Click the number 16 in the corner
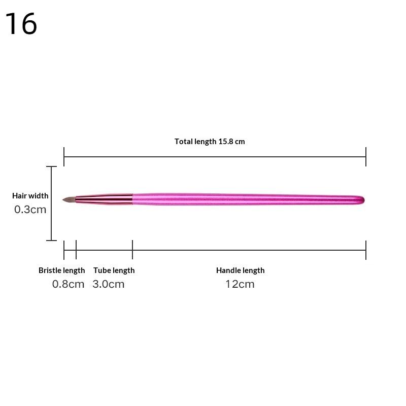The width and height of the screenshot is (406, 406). (21, 23)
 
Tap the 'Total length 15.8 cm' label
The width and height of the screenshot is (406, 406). (210, 142)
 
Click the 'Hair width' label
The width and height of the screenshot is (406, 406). (30, 196)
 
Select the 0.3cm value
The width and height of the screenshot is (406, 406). (30, 209)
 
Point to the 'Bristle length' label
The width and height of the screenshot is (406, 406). (61, 270)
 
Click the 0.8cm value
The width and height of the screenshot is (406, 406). (68, 284)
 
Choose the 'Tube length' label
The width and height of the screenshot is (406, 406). (114, 270)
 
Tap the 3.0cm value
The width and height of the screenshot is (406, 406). (108, 284)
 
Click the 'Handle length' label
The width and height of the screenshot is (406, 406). (240, 270)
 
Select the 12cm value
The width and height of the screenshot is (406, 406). (240, 284)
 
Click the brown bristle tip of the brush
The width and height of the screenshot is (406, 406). (69, 199)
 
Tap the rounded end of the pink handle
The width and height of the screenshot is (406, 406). (361, 199)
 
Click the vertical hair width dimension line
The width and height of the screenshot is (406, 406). (51, 203)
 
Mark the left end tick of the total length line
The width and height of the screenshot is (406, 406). (64, 157)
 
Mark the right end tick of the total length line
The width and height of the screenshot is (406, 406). (366, 157)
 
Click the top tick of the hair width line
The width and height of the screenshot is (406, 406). (51, 166)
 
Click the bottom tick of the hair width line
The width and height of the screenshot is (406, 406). (51, 241)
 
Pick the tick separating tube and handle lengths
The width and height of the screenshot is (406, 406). (132, 250)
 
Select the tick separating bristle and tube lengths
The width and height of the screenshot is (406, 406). (76, 250)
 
